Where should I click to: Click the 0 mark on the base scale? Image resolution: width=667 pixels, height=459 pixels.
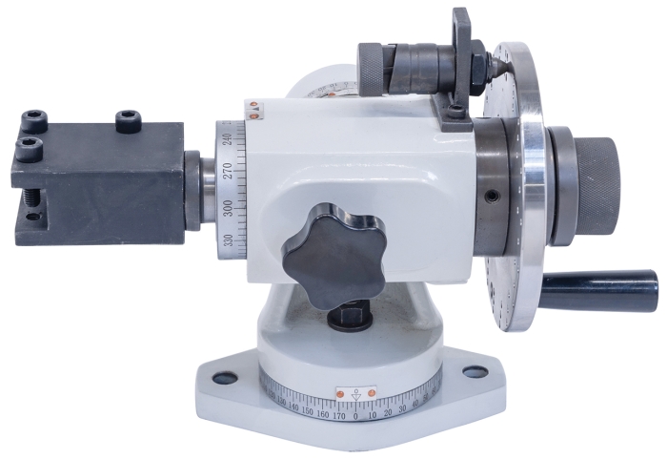[356, 416]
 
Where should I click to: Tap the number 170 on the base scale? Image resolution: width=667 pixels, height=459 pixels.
[337, 416]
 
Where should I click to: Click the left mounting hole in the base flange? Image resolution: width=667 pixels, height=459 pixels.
[225, 378]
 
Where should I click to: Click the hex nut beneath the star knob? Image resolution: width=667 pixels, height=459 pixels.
[351, 314]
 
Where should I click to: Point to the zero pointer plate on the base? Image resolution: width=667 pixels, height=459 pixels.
[356, 392]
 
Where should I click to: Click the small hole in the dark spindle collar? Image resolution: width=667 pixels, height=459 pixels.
[492, 197]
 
